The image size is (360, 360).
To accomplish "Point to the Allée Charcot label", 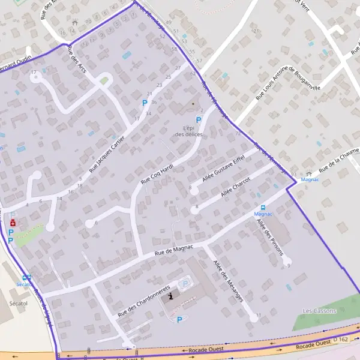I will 236,190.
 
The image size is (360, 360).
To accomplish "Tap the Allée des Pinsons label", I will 269,237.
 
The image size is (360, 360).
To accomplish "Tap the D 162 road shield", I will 341,340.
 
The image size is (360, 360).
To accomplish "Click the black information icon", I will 171,296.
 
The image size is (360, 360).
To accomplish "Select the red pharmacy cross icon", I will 13,223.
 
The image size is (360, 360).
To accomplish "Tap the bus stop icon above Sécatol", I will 26,277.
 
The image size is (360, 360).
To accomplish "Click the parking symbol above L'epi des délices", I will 199,120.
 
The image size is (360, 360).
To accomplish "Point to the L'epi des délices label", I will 189,131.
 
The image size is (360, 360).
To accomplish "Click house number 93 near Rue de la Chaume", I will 293,174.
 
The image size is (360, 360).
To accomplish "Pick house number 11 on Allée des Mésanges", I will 259,315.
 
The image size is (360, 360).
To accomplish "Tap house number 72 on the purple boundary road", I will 238,133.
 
